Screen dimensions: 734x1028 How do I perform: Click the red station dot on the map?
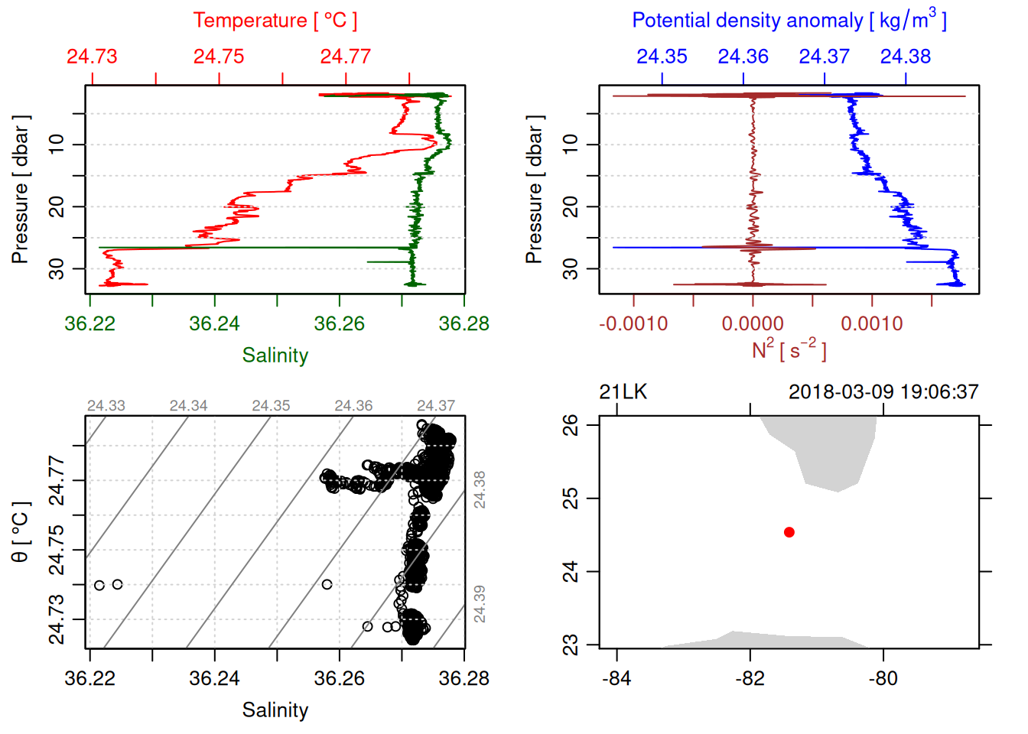[x=789, y=532]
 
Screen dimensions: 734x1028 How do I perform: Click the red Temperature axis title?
[x=275, y=21]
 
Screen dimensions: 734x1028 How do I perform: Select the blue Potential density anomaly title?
[x=789, y=21]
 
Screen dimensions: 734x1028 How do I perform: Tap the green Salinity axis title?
[x=275, y=356]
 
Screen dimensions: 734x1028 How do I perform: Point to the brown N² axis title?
[x=789, y=350]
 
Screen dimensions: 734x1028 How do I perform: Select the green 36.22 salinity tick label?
[x=89, y=323]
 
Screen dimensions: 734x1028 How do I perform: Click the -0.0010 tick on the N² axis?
[x=633, y=323]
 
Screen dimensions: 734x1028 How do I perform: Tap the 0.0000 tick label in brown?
[x=753, y=323]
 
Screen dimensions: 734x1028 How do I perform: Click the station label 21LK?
[x=623, y=392]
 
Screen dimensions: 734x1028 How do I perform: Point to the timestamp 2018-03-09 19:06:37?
[x=883, y=392]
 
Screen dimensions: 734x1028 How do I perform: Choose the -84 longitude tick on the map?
[x=616, y=678]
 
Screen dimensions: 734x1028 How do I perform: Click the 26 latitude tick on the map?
[x=571, y=424]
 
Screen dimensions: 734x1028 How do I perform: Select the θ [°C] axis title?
[x=21, y=532]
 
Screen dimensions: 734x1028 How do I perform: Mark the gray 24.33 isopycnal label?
[x=106, y=406]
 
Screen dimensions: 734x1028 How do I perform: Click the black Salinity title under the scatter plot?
[x=275, y=710]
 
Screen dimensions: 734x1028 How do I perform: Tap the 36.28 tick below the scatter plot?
[x=464, y=678]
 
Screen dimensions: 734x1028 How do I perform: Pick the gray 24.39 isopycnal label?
[x=480, y=603]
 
